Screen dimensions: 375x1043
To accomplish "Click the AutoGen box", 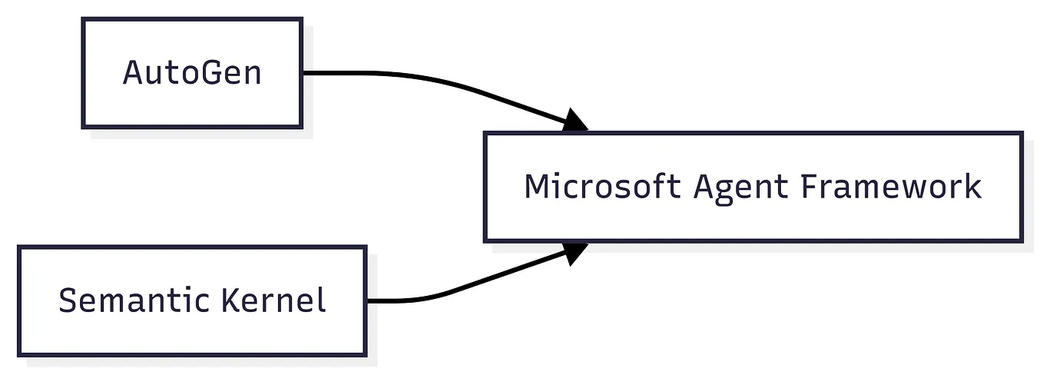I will click(192, 73).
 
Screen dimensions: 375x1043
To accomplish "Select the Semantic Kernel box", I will click(192, 300).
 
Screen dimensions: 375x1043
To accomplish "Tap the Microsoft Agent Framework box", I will click(753, 187).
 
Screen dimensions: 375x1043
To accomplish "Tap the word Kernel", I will click(273, 300).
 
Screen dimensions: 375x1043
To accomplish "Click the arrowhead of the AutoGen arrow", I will click(575, 121).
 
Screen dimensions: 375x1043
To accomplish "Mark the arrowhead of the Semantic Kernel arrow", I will click(575, 252).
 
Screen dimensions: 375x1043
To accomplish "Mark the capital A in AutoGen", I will click(133, 74).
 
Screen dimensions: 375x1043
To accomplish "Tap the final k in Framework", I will click(973, 187).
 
